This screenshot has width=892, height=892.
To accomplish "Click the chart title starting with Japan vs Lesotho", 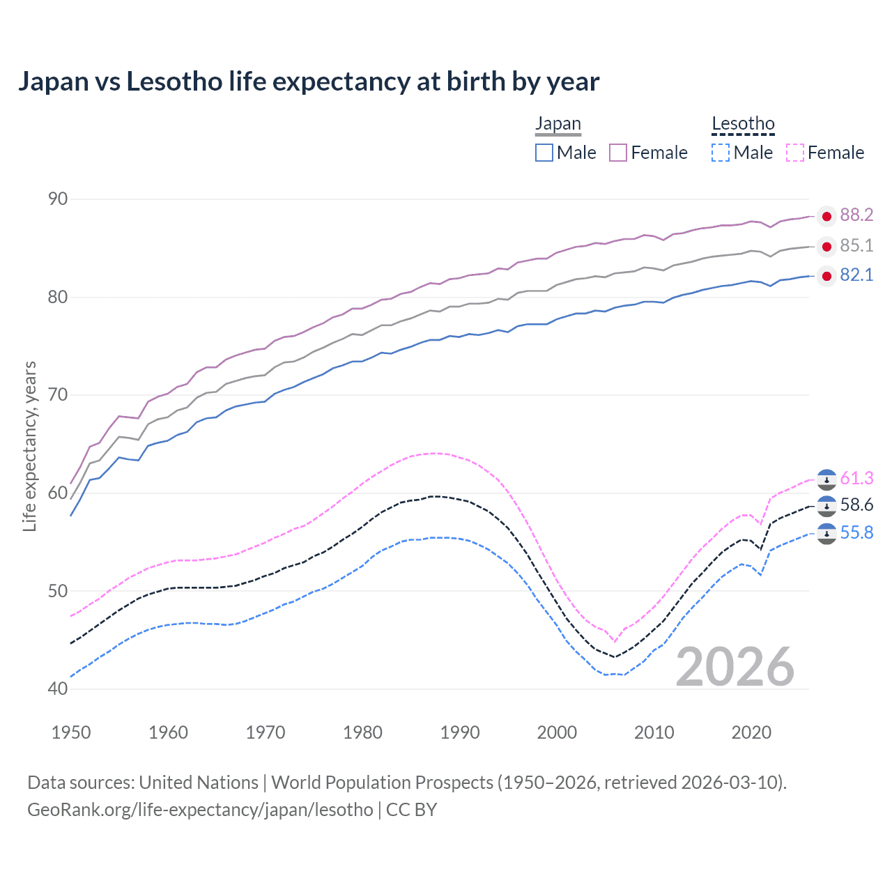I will coord(308,82).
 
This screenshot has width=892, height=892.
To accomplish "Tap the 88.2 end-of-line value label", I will coord(856,215).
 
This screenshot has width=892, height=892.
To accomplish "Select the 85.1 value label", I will coord(856,245).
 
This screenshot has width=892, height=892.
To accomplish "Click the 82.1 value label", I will coord(856,275).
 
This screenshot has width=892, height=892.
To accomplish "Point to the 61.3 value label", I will coord(856,478).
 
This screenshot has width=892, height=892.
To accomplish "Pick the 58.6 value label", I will coord(856,505).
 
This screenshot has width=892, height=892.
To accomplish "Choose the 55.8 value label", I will coord(856,533).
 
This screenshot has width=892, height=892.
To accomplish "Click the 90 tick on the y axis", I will coord(58,199).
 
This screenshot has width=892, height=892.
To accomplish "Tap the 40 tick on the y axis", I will coord(58,689).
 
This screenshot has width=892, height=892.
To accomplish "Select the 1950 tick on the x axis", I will coord(71,732).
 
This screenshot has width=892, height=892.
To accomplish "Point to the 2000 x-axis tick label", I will coord(557,732).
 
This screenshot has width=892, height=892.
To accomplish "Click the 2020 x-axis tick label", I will coord(751,732).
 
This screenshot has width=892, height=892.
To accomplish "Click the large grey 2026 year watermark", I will coord(735,667).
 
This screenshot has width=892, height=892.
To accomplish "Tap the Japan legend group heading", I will coord(557,124).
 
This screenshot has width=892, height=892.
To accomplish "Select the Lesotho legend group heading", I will coord(743,124).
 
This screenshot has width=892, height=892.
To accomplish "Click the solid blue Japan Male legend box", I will coord(544,153).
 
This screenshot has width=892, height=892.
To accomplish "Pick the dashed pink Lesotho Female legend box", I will coord(794,153).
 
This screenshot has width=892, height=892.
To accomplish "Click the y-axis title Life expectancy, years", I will coord(30,446).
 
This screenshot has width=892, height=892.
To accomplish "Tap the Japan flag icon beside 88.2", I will coord(826,217).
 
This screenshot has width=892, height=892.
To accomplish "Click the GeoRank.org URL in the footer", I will coord(200,810).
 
